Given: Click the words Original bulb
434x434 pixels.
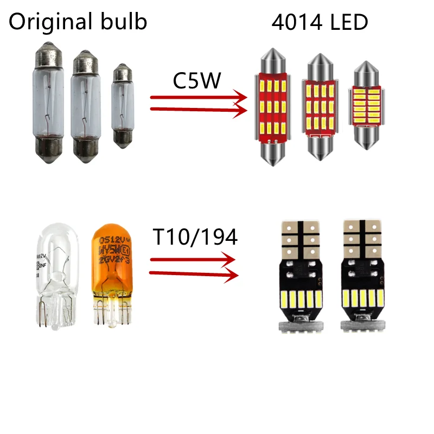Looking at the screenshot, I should tap(78, 22).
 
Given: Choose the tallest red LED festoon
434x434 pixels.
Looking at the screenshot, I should tap(269, 106).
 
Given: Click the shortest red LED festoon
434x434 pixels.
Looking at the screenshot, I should tap(366, 106).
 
